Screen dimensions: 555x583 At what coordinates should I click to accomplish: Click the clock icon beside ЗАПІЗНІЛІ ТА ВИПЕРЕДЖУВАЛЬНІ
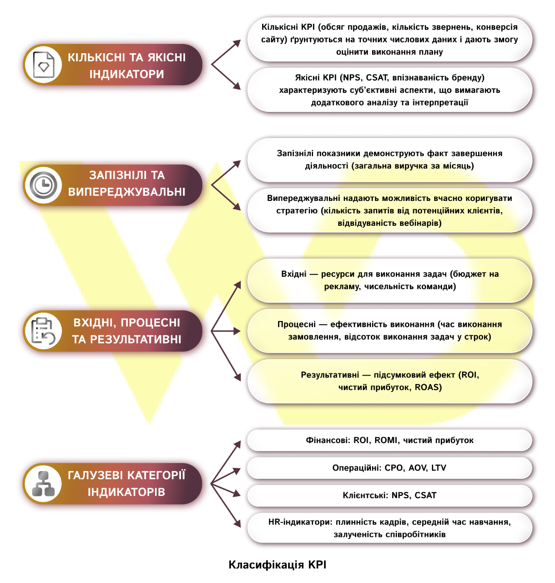click(43, 185)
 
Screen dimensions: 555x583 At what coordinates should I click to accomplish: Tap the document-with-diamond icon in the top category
click(43, 65)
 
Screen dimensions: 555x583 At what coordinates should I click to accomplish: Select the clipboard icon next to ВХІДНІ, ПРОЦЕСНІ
click(43, 331)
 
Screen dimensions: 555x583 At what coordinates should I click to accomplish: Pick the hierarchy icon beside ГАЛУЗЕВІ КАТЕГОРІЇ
click(43, 484)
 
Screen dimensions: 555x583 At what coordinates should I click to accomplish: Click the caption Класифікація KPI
click(277, 565)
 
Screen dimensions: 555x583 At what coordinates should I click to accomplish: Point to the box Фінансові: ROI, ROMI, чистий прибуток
click(390, 440)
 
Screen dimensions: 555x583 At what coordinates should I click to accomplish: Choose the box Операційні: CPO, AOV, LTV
click(390, 468)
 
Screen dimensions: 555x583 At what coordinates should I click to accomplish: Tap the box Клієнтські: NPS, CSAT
click(390, 495)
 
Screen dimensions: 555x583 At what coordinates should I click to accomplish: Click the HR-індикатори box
click(390, 528)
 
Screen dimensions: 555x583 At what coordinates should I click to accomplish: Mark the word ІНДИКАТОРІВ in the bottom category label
click(126, 492)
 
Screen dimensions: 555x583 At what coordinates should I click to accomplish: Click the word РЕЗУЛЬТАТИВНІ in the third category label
click(136, 339)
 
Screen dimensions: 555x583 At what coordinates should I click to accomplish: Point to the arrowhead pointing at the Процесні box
click(237, 331)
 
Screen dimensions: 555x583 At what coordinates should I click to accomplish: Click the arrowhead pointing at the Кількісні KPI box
click(237, 44)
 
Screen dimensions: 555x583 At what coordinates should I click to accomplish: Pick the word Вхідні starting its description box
click(294, 274)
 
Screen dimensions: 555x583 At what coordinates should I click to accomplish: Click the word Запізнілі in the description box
click(295, 153)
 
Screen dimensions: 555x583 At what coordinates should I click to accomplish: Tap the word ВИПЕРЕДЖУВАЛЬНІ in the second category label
click(127, 192)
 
